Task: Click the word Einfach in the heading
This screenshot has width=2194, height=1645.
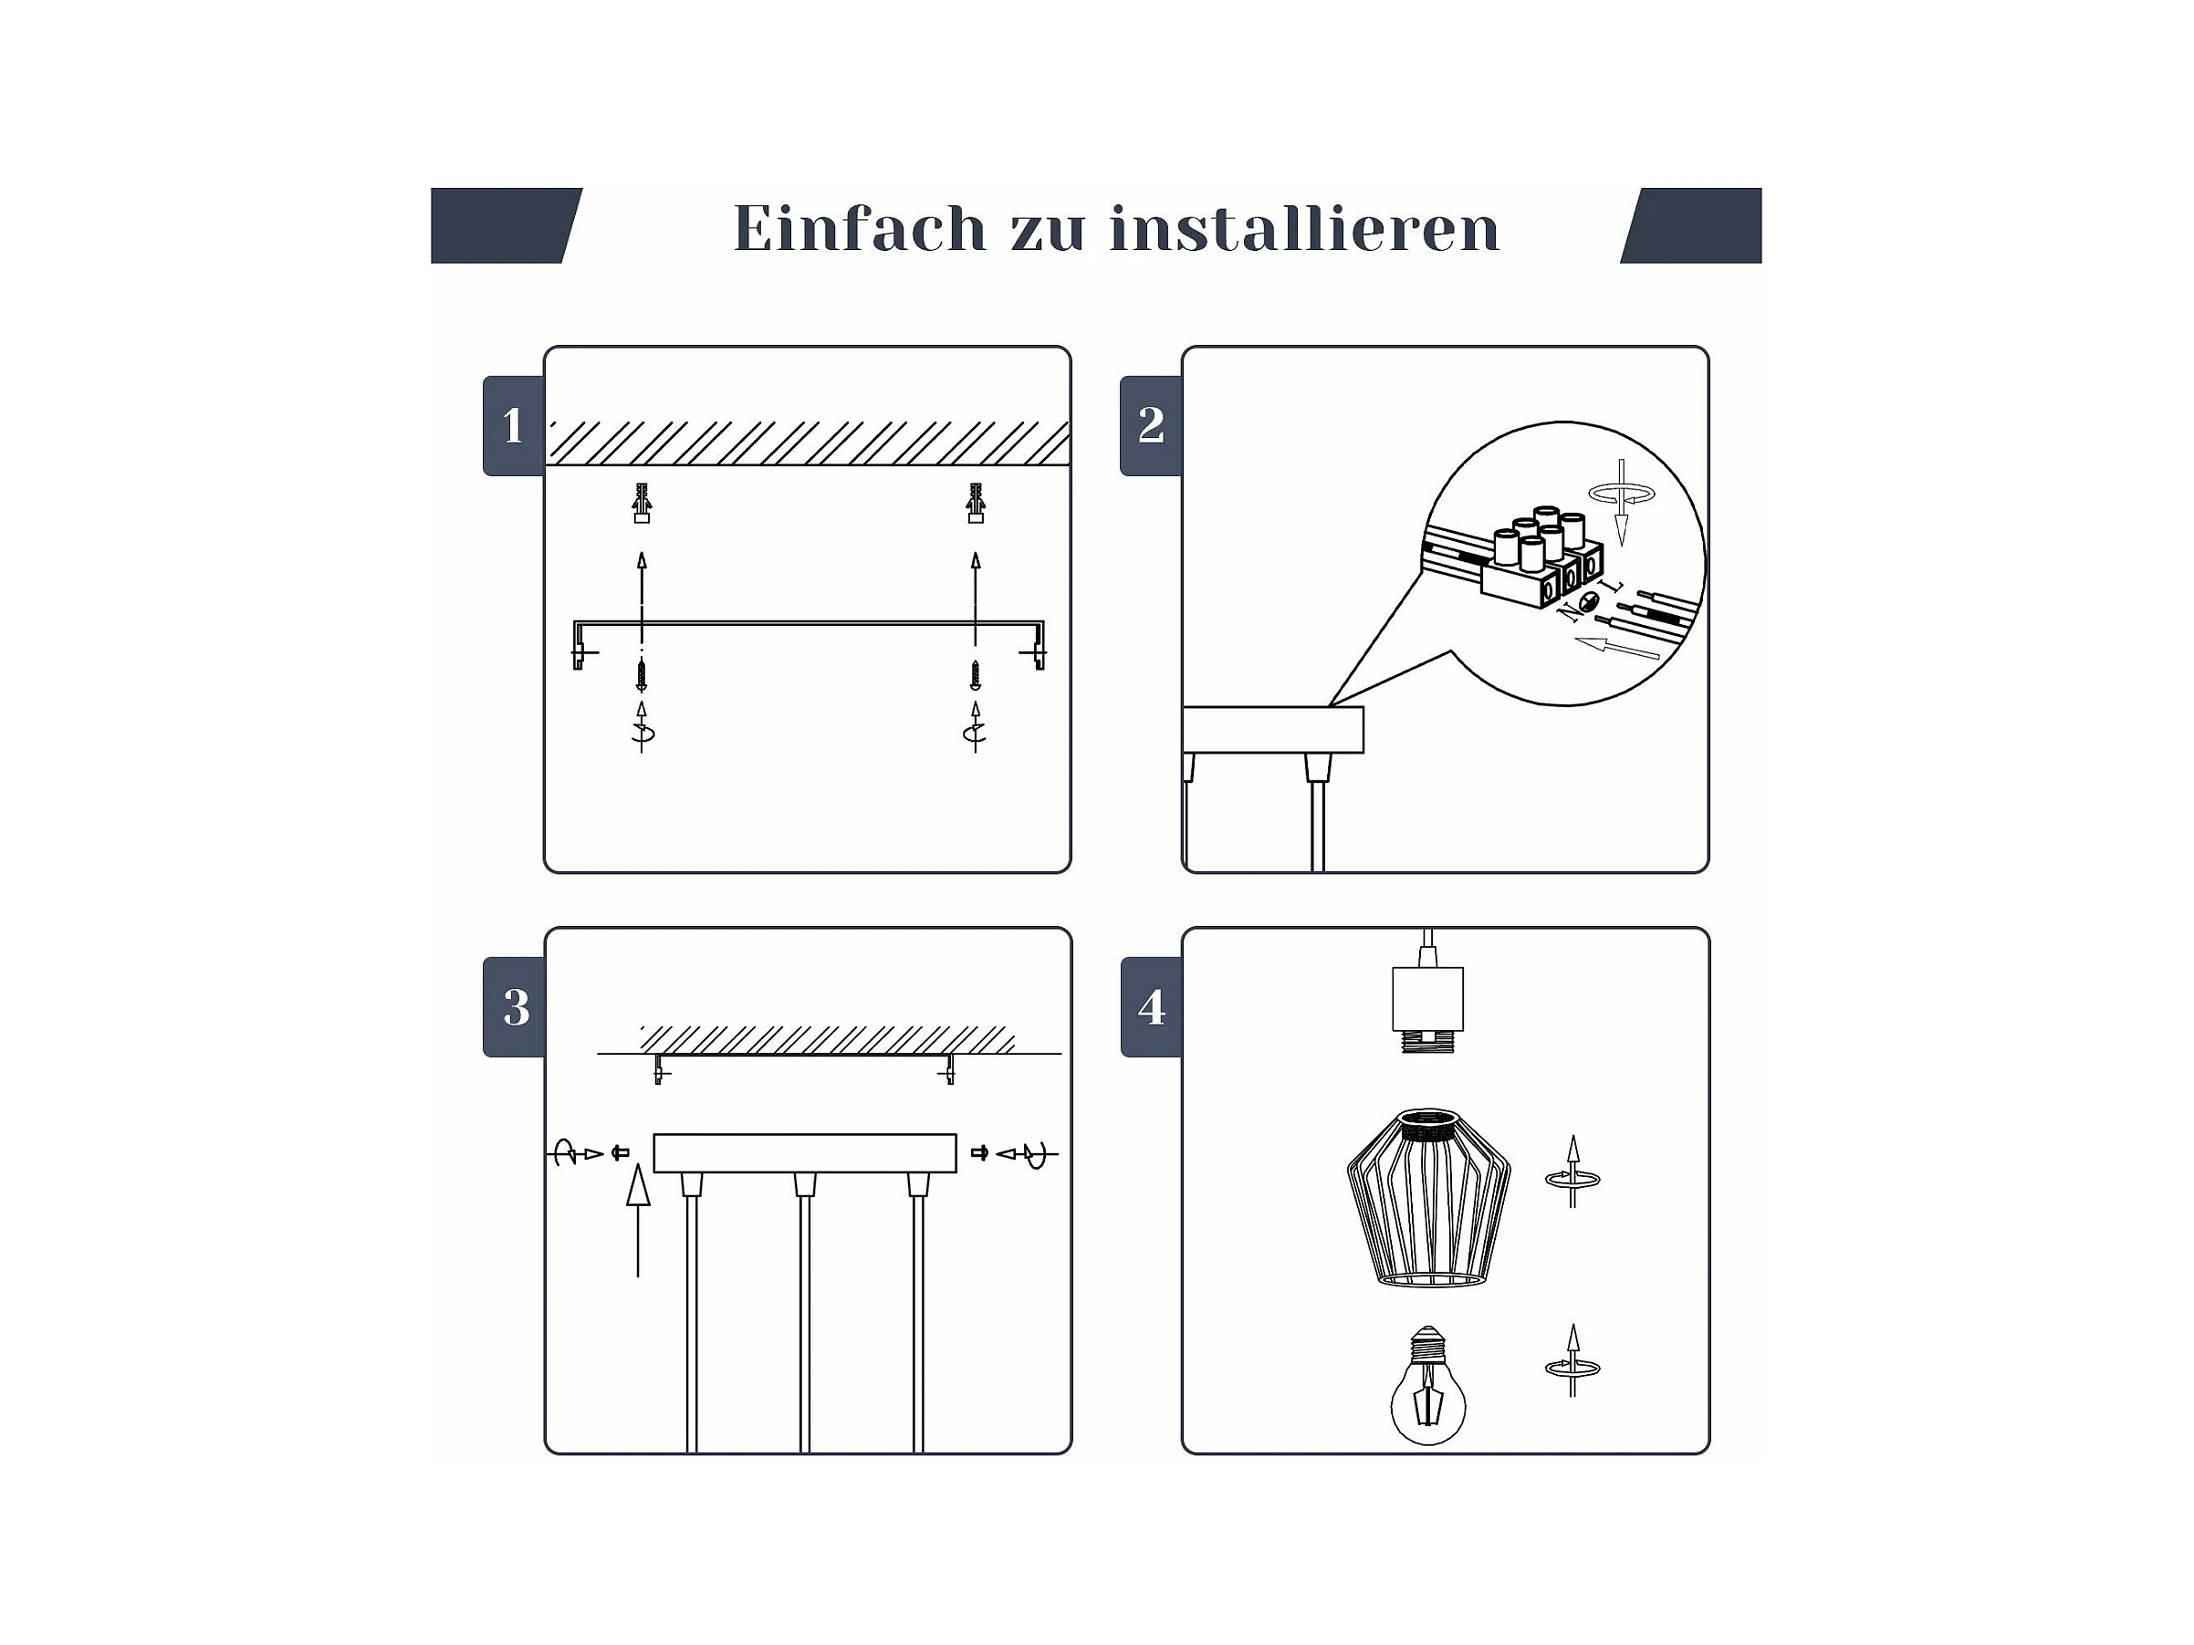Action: [860, 228]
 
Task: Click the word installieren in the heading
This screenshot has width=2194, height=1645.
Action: [1304, 228]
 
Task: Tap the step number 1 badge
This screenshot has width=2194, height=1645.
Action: [514, 425]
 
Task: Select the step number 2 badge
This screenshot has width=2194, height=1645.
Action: [1151, 425]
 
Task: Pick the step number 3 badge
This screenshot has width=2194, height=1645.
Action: [514, 1006]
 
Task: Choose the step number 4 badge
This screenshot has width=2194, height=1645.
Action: [1151, 1006]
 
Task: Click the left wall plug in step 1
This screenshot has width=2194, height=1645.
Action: [642, 503]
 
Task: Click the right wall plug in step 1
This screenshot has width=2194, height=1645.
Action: [976, 503]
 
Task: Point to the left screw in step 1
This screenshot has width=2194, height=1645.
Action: [642, 675]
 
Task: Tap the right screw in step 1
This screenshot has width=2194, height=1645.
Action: [976, 675]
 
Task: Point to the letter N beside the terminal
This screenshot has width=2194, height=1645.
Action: [1569, 612]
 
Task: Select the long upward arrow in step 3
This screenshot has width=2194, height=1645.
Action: [638, 1220]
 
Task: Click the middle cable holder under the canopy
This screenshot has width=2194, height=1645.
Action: [804, 1184]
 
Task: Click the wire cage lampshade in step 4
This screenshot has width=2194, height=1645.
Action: [1428, 1198]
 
